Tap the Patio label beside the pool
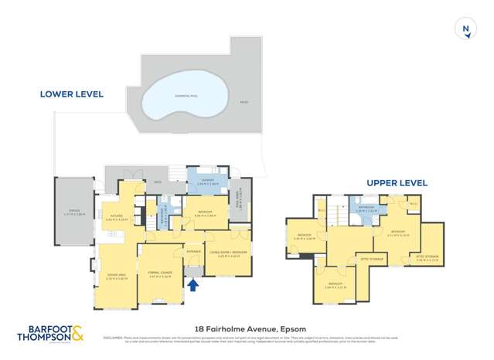[244, 101]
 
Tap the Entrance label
[193, 251]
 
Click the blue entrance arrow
[193, 285]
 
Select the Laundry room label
[208, 182]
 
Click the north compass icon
[465, 30]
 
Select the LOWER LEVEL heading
[72, 93]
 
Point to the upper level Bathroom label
[366, 208]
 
